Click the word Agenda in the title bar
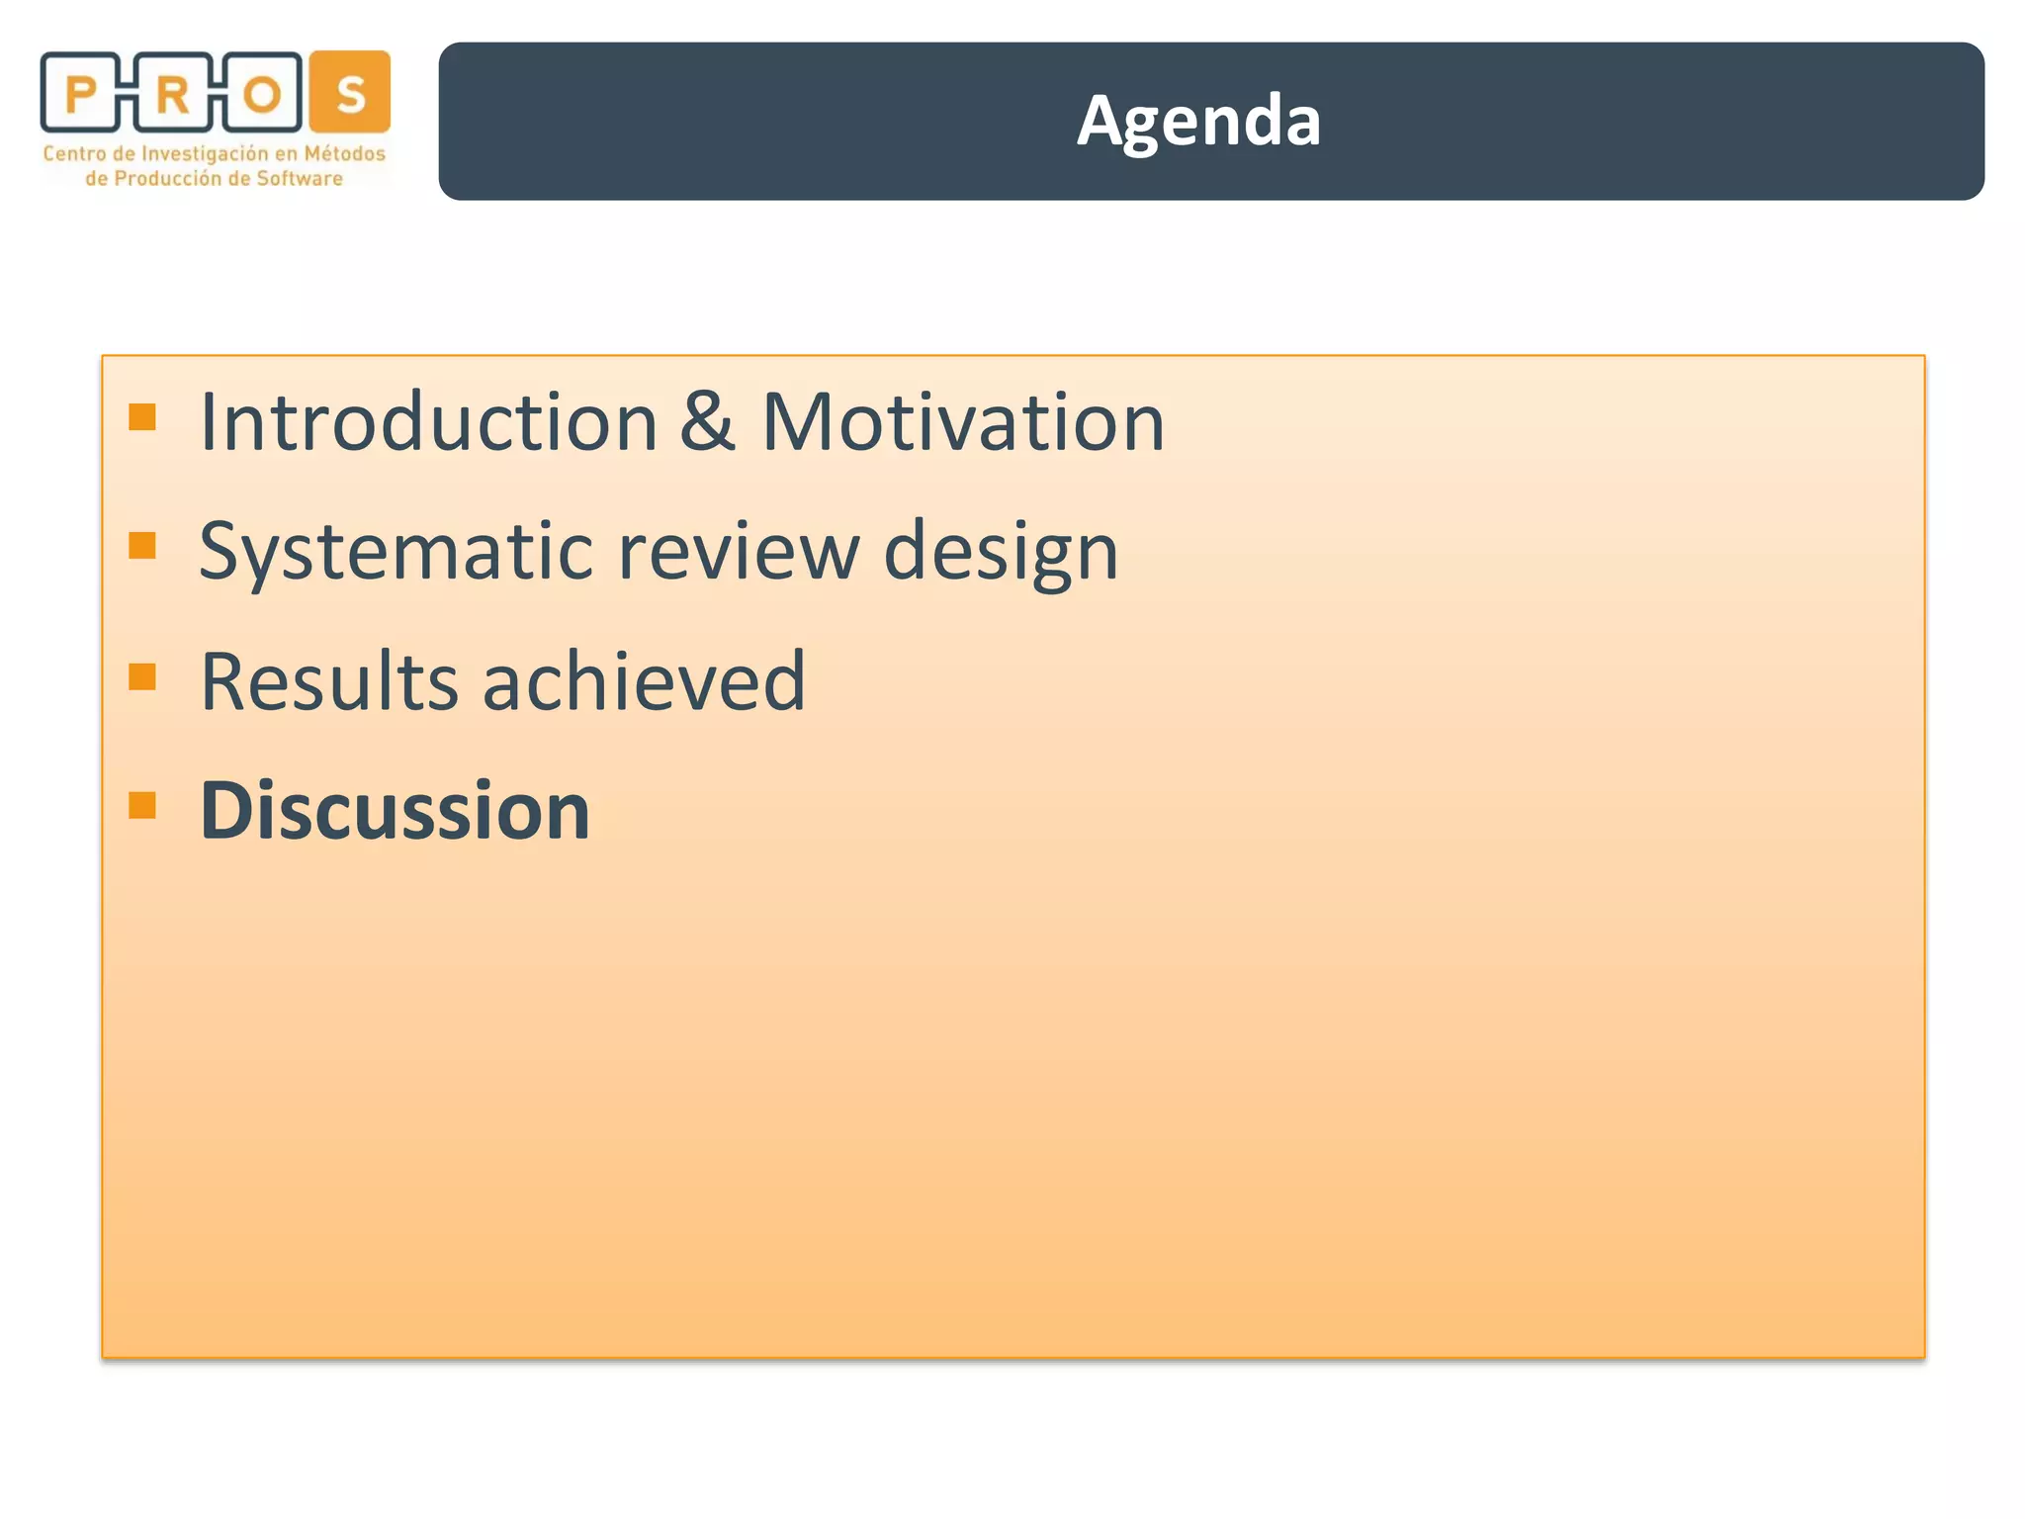[x=1198, y=122]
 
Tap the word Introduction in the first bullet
[x=428, y=422]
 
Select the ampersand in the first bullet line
[x=707, y=422]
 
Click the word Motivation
[x=963, y=422]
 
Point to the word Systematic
[x=396, y=552]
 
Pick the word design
[x=1000, y=552]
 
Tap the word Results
[x=329, y=681]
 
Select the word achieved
[x=644, y=681]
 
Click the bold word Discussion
[x=395, y=811]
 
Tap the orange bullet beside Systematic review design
[x=142, y=546]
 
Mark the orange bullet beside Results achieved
[x=142, y=676]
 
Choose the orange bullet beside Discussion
[x=142, y=805]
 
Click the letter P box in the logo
[x=80, y=94]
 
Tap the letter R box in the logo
[x=172, y=94]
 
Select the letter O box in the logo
[x=262, y=94]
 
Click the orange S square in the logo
[x=350, y=92]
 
